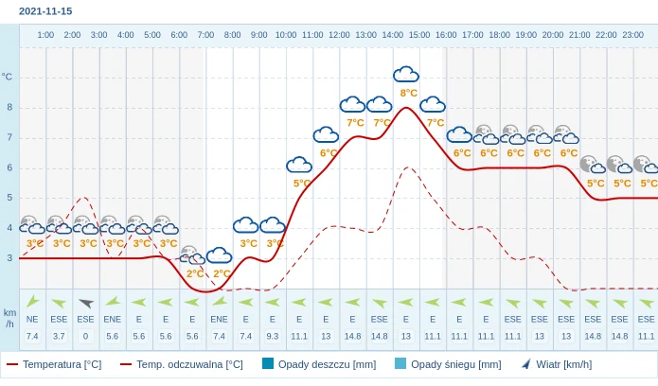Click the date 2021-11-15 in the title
click(45, 11)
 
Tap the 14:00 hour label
click(392, 35)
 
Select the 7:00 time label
click(205, 35)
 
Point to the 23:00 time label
click(632, 35)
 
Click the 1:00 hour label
click(45, 35)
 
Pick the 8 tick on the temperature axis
click(9, 107)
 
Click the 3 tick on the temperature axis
click(9, 257)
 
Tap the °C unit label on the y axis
click(8, 77)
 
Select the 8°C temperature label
click(408, 93)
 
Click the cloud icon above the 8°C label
click(406, 74)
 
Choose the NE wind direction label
click(32, 319)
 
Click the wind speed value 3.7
click(59, 336)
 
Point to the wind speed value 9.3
click(273, 336)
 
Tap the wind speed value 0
click(85, 336)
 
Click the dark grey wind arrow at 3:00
click(85, 303)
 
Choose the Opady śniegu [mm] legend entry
click(454, 364)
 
